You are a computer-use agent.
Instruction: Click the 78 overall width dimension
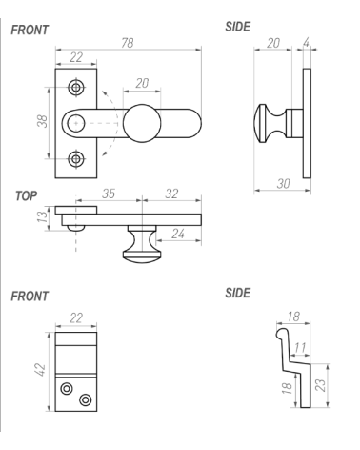[128, 43]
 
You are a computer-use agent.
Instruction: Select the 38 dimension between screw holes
[43, 121]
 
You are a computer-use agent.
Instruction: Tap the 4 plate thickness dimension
[306, 43]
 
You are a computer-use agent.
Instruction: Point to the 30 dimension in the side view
[283, 184]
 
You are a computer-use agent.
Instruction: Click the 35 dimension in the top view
[109, 194]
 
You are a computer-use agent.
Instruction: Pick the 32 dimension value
[171, 194]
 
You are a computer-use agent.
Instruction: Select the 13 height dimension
[42, 216]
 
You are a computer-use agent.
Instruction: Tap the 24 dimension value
[178, 234]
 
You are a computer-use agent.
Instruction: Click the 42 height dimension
[41, 370]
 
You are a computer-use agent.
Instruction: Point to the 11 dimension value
[300, 348]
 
